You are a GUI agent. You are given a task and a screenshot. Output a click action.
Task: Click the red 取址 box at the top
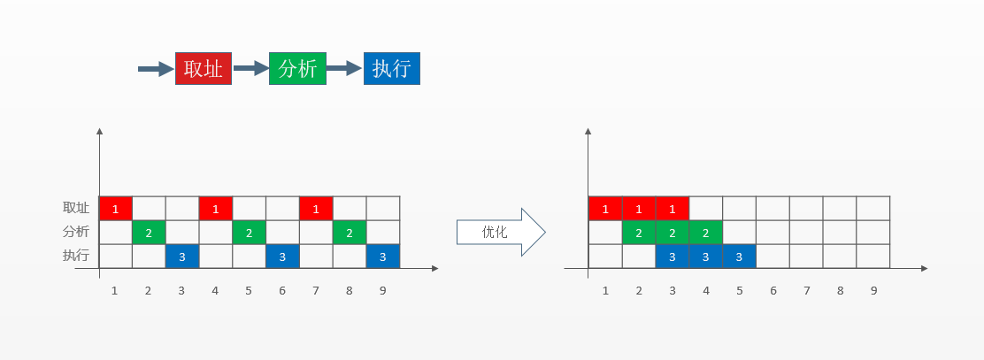tap(204, 68)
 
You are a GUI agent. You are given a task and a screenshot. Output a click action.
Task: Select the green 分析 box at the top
tap(297, 68)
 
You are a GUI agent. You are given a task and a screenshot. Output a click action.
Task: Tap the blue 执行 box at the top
tap(391, 68)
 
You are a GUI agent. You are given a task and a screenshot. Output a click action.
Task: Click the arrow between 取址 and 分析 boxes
tap(250, 68)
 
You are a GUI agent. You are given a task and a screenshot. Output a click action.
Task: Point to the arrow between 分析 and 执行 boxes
tap(344, 68)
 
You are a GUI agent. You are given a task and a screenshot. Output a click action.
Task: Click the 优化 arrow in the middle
tap(500, 233)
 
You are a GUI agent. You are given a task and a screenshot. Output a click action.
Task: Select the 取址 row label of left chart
tap(76, 208)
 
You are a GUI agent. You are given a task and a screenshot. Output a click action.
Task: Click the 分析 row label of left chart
tap(76, 232)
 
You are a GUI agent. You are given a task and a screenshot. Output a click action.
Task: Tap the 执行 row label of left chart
tap(76, 256)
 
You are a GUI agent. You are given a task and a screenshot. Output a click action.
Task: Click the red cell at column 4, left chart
tap(215, 208)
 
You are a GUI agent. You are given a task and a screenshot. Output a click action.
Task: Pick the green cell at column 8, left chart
tap(350, 232)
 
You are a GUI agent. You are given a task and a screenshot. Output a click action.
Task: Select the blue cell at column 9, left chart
tap(383, 256)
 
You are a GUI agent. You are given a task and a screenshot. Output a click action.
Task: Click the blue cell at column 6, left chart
tap(282, 256)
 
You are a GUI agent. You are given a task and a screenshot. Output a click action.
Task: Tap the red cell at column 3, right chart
tap(672, 208)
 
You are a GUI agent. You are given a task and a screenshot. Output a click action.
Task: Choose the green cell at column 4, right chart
tap(705, 232)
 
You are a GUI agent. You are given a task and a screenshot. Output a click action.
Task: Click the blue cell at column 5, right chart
tap(739, 256)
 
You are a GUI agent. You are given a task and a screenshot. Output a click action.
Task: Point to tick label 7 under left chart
tap(316, 290)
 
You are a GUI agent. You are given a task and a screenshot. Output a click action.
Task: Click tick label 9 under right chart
tap(873, 290)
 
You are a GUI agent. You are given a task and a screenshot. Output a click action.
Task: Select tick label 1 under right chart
tap(605, 290)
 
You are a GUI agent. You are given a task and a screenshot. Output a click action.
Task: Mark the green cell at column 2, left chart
tap(149, 232)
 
